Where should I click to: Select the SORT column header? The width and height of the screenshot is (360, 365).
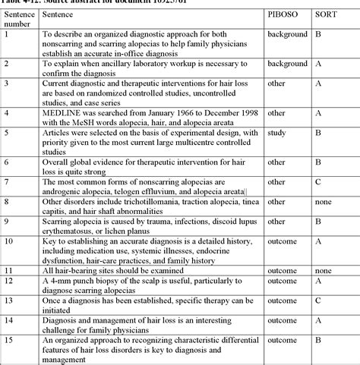(x=324, y=14)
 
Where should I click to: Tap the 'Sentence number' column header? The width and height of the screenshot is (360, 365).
(x=19, y=19)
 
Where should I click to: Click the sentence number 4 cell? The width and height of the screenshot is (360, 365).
(x=7, y=113)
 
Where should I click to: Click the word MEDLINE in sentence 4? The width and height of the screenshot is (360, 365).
(x=62, y=113)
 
